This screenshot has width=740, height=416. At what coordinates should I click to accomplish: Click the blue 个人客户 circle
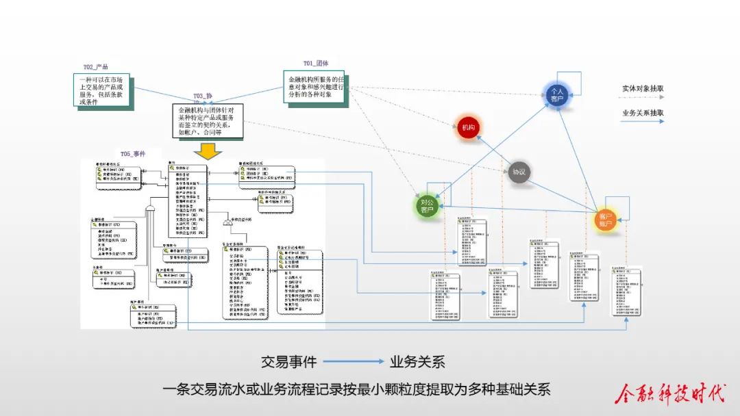pyautogui.click(x=556, y=96)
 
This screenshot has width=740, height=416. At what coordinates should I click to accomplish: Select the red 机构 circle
pyautogui.click(x=468, y=128)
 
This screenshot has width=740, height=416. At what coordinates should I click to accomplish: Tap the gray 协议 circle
pyautogui.click(x=519, y=172)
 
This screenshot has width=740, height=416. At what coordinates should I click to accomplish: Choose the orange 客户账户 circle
pyautogui.click(x=605, y=220)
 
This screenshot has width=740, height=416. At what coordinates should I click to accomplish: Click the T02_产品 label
pyautogui.click(x=96, y=67)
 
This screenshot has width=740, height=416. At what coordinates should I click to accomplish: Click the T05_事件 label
pyautogui.click(x=133, y=154)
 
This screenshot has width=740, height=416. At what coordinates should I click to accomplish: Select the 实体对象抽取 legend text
pyautogui.click(x=643, y=89)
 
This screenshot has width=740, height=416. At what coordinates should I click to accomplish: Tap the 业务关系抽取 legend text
pyautogui.click(x=643, y=113)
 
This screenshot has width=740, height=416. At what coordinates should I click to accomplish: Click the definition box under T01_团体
pyautogui.click(x=316, y=87)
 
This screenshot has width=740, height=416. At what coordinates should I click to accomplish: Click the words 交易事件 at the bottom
pyautogui.click(x=287, y=361)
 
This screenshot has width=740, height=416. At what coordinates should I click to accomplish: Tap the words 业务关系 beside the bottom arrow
pyautogui.click(x=417, y=361)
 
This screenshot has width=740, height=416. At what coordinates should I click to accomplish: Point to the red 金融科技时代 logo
pyautogui.click(x=670, y=393)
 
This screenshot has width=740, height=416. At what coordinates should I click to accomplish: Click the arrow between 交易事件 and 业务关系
pyautogui.click(x=353, y=361)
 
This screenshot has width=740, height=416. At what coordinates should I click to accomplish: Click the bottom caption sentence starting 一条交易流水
pyautogui.click(x=356, y=390)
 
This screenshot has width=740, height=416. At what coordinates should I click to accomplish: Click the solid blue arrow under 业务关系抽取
pyautogui.click(x=643, y=122)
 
